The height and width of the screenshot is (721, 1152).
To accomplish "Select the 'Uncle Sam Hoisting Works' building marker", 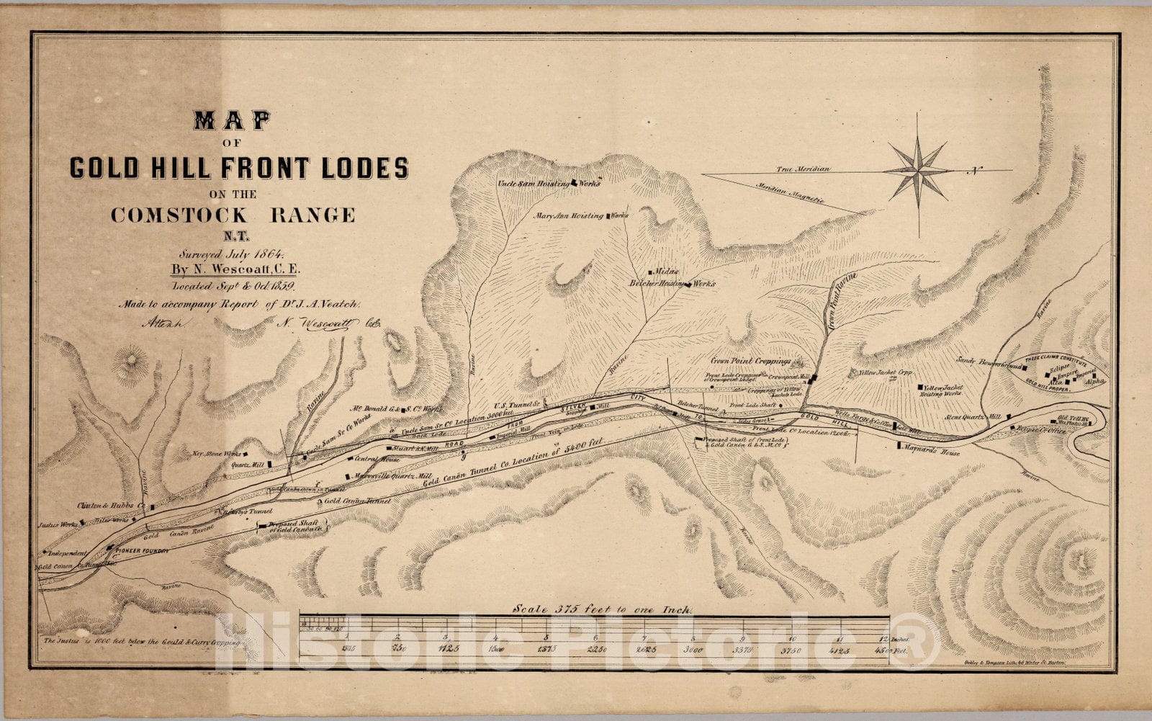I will tap(574, 183).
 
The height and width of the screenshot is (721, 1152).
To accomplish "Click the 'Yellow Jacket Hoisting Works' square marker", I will tap(921, 388).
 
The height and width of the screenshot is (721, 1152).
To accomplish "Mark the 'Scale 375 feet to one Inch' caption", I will tap(603, 609).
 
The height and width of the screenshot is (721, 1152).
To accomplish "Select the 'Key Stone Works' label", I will tap(217, 454).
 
